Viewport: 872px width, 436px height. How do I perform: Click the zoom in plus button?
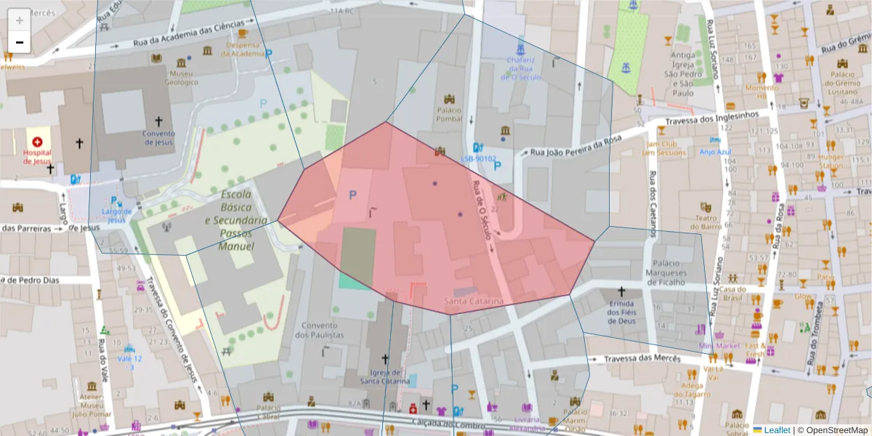coord(20,20)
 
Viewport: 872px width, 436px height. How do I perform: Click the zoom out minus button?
coord(20,42)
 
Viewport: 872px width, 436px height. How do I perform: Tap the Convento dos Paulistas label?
coord(320,330)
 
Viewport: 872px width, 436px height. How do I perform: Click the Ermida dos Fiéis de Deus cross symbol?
coord(621,291)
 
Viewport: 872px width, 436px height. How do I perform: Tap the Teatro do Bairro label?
coord(704,222)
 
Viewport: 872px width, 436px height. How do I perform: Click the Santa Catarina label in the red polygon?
coord(474,301)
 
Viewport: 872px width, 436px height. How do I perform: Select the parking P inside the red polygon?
coord(353,195)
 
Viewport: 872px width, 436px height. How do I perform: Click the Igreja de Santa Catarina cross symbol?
coord(385,359)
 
